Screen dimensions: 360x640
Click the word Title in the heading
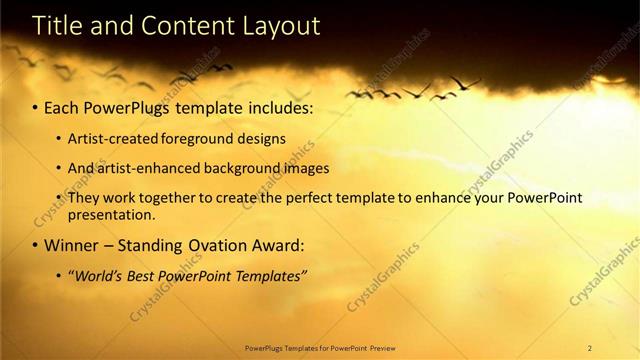coord(36,27)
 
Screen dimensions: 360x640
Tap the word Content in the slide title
coord(174,27)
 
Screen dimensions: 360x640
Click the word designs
coord(264,138)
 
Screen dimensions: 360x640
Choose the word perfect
coord(296,198)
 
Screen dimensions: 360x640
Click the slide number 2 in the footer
coord(590,348)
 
